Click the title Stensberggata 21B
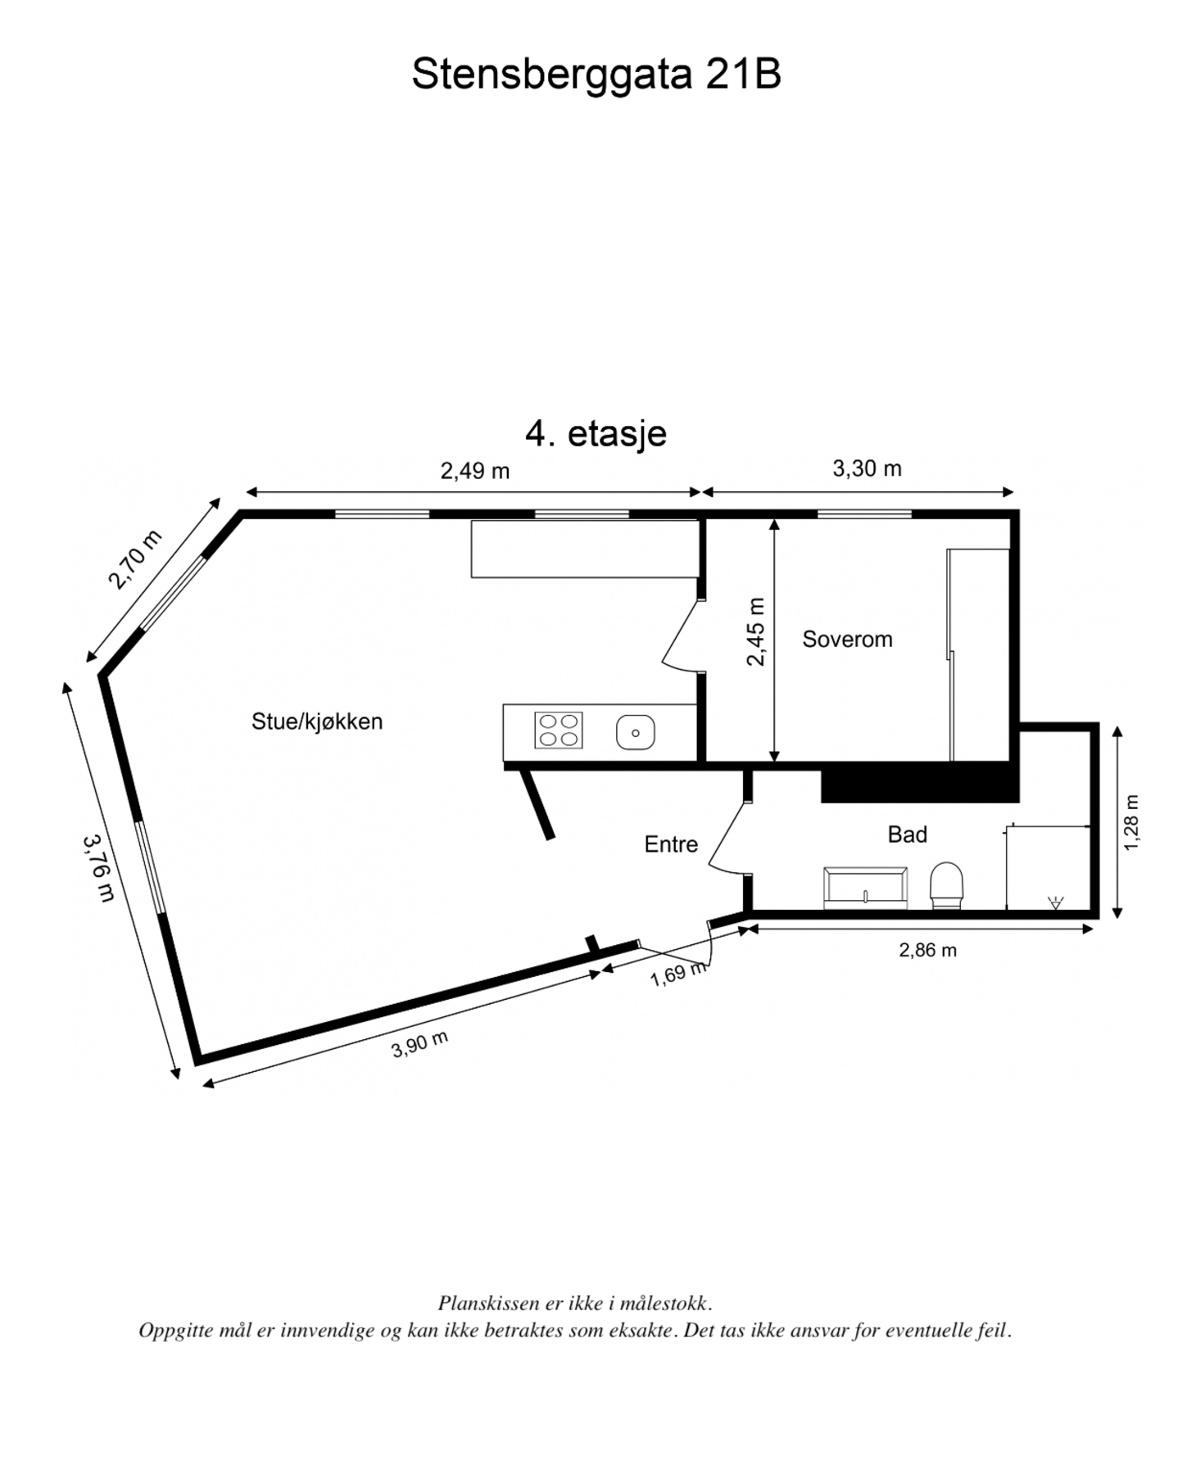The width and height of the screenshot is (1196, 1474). click(x=596, y=75)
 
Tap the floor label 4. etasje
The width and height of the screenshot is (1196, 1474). click(x=596, y=432)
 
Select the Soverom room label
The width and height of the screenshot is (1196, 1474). click(x=846, y=639)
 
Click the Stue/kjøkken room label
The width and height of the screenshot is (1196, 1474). click(x=317, y=721)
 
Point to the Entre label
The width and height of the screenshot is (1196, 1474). click(x=671, y=844)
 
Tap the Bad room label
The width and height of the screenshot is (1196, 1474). click(x=907, y=834)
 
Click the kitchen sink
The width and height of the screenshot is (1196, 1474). click(x=635, y=732)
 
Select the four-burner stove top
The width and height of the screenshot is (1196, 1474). click(x=558, y=730)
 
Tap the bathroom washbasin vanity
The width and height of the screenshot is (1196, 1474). click(x=865, y=888)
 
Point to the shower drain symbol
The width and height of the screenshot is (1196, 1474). click(x=1055, y=903)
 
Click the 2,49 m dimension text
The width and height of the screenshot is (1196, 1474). click(x=475, y=471)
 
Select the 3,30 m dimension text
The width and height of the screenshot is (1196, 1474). click(x=867, y=468)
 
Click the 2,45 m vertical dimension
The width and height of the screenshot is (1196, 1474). click(x=755, y=631)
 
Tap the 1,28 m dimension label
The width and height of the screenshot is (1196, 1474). click(x=1130, y=822)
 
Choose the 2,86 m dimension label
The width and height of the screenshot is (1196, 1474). click(x=927, y=950)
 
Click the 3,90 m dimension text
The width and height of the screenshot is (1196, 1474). click(x=419, y=1044)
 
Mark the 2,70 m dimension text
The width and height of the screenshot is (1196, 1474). click(x=135, y=559)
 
